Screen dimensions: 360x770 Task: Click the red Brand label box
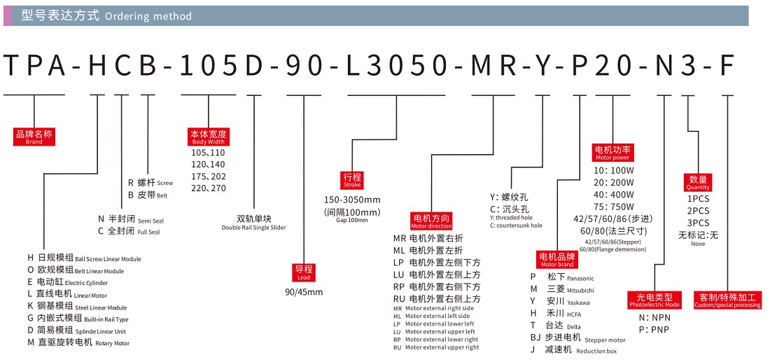pos(34,137)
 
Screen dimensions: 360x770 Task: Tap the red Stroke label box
pos(352,179)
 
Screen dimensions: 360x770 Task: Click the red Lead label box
pos(304,272)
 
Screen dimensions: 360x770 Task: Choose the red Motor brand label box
pos(557,260)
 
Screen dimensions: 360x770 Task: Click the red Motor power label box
pos(612,153)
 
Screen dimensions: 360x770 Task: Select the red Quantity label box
pos(698,183)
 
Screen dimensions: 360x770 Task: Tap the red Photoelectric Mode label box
pos(654,300)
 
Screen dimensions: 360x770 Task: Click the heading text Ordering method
pos(148,16)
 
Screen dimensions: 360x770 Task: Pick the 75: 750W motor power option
pos(614,207)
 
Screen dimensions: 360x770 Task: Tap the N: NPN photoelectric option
pos(654,317)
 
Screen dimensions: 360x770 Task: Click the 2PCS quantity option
pos(698,211)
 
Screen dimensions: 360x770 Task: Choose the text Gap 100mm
pos(352,221)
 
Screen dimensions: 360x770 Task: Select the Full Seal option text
pos(148,232)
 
